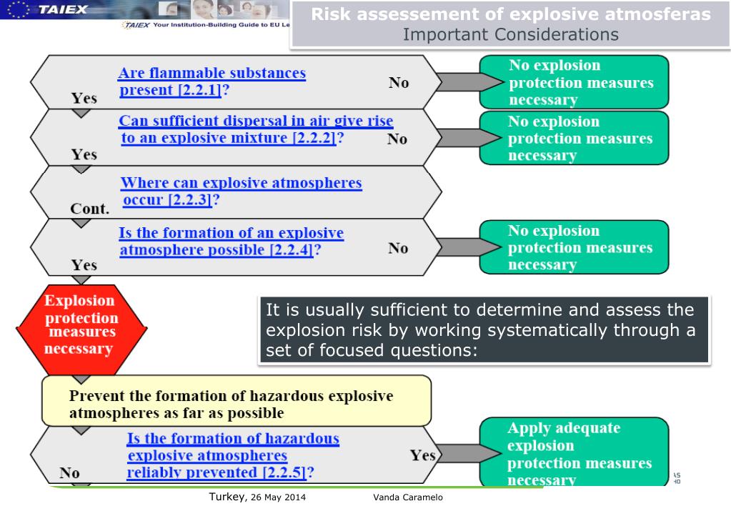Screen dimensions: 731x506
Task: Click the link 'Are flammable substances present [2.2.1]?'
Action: (x=212, y=82)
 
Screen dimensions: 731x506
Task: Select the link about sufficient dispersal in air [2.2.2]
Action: (x=255, y=129)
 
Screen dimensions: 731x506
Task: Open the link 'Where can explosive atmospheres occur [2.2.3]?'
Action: (x=241, y=192)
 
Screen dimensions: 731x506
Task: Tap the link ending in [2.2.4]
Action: (x=231, y=242)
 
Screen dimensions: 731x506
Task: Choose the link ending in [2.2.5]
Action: (x=232, y=455)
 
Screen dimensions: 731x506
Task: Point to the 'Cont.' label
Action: (x=89, y=209)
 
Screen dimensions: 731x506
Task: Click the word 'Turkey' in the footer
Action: (x=224, y=496)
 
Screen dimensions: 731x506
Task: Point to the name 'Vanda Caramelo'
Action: (x=408, y=497)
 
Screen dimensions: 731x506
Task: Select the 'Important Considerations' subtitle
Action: (x=511, y=35)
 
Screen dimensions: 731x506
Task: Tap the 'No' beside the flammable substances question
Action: (x=399, y=83)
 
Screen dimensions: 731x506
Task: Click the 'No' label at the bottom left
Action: (x=70, y=472)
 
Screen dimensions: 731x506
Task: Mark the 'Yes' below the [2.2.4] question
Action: (x=84, y=265)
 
